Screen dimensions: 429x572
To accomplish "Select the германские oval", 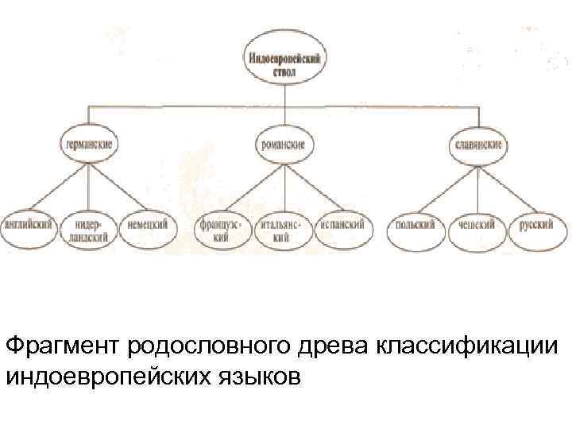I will pyautogui.click(x=88, y=146).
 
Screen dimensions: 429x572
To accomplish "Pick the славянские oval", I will pyautogui.click(x=478, y=146).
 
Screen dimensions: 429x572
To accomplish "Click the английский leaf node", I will pyautogui.click(x=29, y=226).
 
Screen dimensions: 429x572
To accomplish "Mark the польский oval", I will pyautogui.click(x=415, y=226).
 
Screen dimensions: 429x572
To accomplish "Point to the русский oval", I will pyautogui.click(x=537, y=226).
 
